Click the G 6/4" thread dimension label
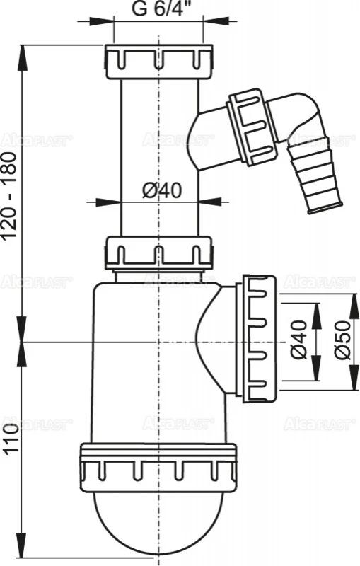pos(158,12)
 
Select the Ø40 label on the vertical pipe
pos(160,190)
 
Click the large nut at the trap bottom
pos(159,466)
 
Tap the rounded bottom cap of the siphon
pos(159,520)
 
